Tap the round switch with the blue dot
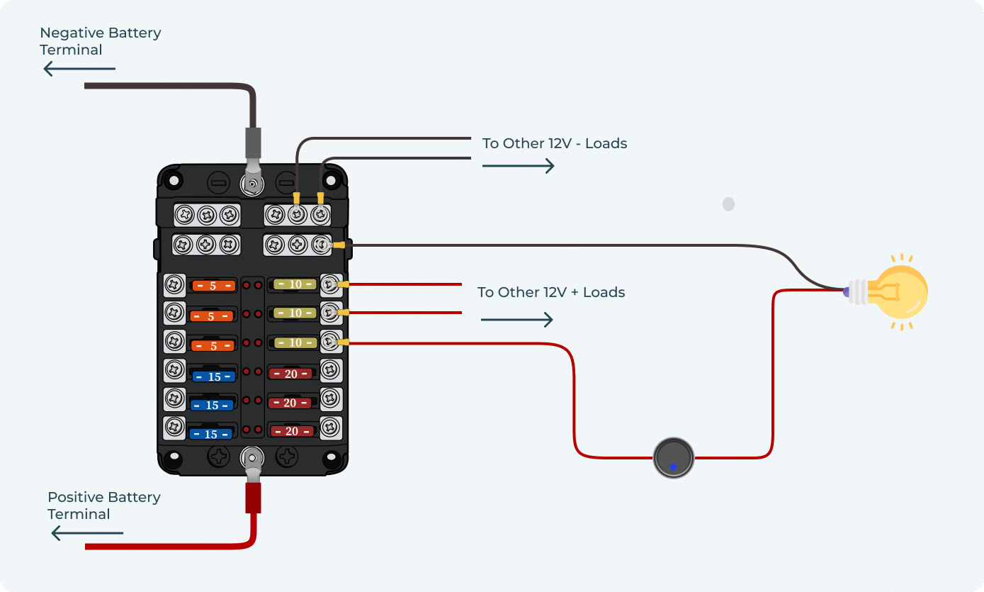pyautogui.click(x=673, y=458)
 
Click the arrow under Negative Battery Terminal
pyautogui.click(x=79, y=69)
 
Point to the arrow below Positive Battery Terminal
pyautogui.click(x=87, y=533)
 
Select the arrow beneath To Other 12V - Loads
pyautogui.click(x=518, y=166)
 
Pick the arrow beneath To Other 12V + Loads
pyautogui.click(x=516, y=320)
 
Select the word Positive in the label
pyautogui.click(x=73, y=497)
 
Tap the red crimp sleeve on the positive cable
pyautogui.click(x=252, y=497)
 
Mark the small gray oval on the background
pyautogui.click(x=728, y=204)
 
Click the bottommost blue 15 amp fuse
pyautogui.click(x=212, y=434)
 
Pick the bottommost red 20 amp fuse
pyautogui.click(x=290, y=430)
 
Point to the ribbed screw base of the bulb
pyautogui.click(x=859, y=291)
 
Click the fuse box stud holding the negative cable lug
pyautogui.click(x=252, y=186)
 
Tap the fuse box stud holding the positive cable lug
pyautogui.click(x=251, y=455)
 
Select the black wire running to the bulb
pyautogui.click(x=567, y=246)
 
